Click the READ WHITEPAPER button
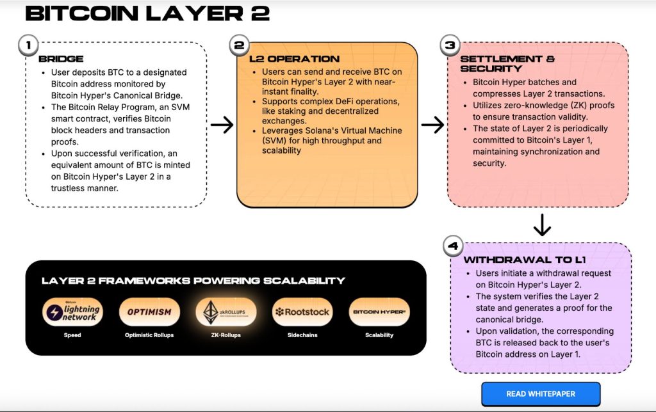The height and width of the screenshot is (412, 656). (541, 394)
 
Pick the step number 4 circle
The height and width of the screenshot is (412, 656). (453, 246)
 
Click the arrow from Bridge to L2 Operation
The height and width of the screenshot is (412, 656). (222, 125)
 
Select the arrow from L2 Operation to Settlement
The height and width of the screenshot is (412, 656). (433, 125)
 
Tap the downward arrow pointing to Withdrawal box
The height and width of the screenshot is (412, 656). (542, 225)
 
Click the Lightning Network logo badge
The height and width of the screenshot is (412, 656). (73, 312)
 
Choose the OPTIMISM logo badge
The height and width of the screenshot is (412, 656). (149, 312)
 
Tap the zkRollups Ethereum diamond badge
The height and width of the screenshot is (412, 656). (225, 312)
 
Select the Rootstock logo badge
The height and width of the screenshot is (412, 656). (302, 312)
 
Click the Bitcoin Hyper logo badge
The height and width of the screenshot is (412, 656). (379, 312)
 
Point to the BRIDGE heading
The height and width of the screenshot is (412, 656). (61, 59)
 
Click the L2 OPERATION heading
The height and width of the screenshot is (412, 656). (294, 59)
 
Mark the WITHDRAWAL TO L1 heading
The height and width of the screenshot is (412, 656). (524, 260)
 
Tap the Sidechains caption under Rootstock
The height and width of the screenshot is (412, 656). (302, 335)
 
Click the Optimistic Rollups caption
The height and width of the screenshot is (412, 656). (149, 335)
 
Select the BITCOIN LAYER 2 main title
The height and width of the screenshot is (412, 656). (147, 13)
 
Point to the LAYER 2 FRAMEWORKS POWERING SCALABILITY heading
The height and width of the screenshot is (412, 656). (193, 280)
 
